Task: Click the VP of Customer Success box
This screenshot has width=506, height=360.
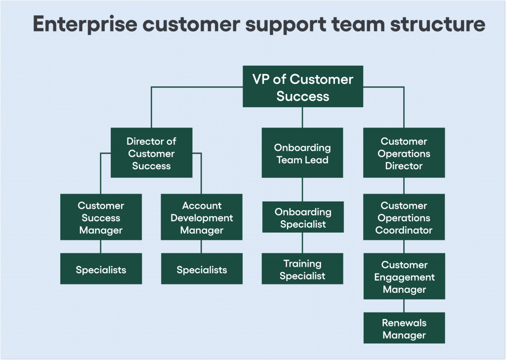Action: point(302,87)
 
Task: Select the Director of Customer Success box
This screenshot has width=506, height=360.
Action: point(151,153)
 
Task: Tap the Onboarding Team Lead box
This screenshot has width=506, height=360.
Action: point(302,153)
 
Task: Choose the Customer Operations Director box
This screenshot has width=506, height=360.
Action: point(404,153)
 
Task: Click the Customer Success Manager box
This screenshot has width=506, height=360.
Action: point(101,217)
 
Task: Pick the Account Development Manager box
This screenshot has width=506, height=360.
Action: point(202,217)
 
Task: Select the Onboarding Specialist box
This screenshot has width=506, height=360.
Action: point(302,217)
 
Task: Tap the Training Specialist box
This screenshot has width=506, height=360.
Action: point(302,269)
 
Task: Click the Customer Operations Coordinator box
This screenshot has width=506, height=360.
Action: point(404,217)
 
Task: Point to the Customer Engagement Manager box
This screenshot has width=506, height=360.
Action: point(404,277)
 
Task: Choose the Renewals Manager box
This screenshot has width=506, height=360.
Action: point(404,328)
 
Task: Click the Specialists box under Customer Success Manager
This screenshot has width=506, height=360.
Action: point(101,269)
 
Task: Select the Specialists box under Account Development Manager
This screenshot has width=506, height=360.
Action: point(202,269)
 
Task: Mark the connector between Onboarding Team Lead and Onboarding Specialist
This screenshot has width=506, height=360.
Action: point(302,190)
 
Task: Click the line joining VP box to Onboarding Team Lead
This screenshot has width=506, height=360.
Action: point(302,118)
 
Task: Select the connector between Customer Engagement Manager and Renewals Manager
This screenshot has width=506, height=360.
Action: point(404,306)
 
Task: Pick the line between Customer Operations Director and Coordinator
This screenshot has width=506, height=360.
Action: point(404,186)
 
